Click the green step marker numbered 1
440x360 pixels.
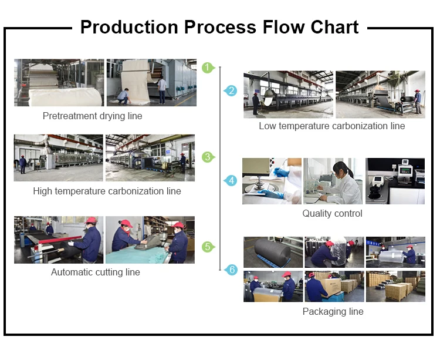pyautogui.click(x=208, y=68)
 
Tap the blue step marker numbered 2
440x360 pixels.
pyautogui.click(x=232, y=90)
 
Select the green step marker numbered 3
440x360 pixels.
pyautogui.click(x=208, y=157)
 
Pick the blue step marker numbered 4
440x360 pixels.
pyautogui.click(x=232, y=180)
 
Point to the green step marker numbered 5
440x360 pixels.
pyautogui.click(x=208, y=247)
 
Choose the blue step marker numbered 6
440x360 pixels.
pyautogui.click(x=232, y=270)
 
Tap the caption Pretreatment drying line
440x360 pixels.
pyautogui.click(x=92, y=116)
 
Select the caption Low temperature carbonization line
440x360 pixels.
pyautogui.click(x=331, y=126)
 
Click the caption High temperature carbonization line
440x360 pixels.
pyautogui.click(x=107, y=191)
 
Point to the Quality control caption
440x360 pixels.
pyautogui.click(x=332, y=214)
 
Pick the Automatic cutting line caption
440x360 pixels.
pyautogui.click(x=96, y=272)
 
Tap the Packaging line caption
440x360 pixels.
pyautogui.click(x=333, y=312)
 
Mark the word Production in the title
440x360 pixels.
pyautogui.click(x=129, y=27)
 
